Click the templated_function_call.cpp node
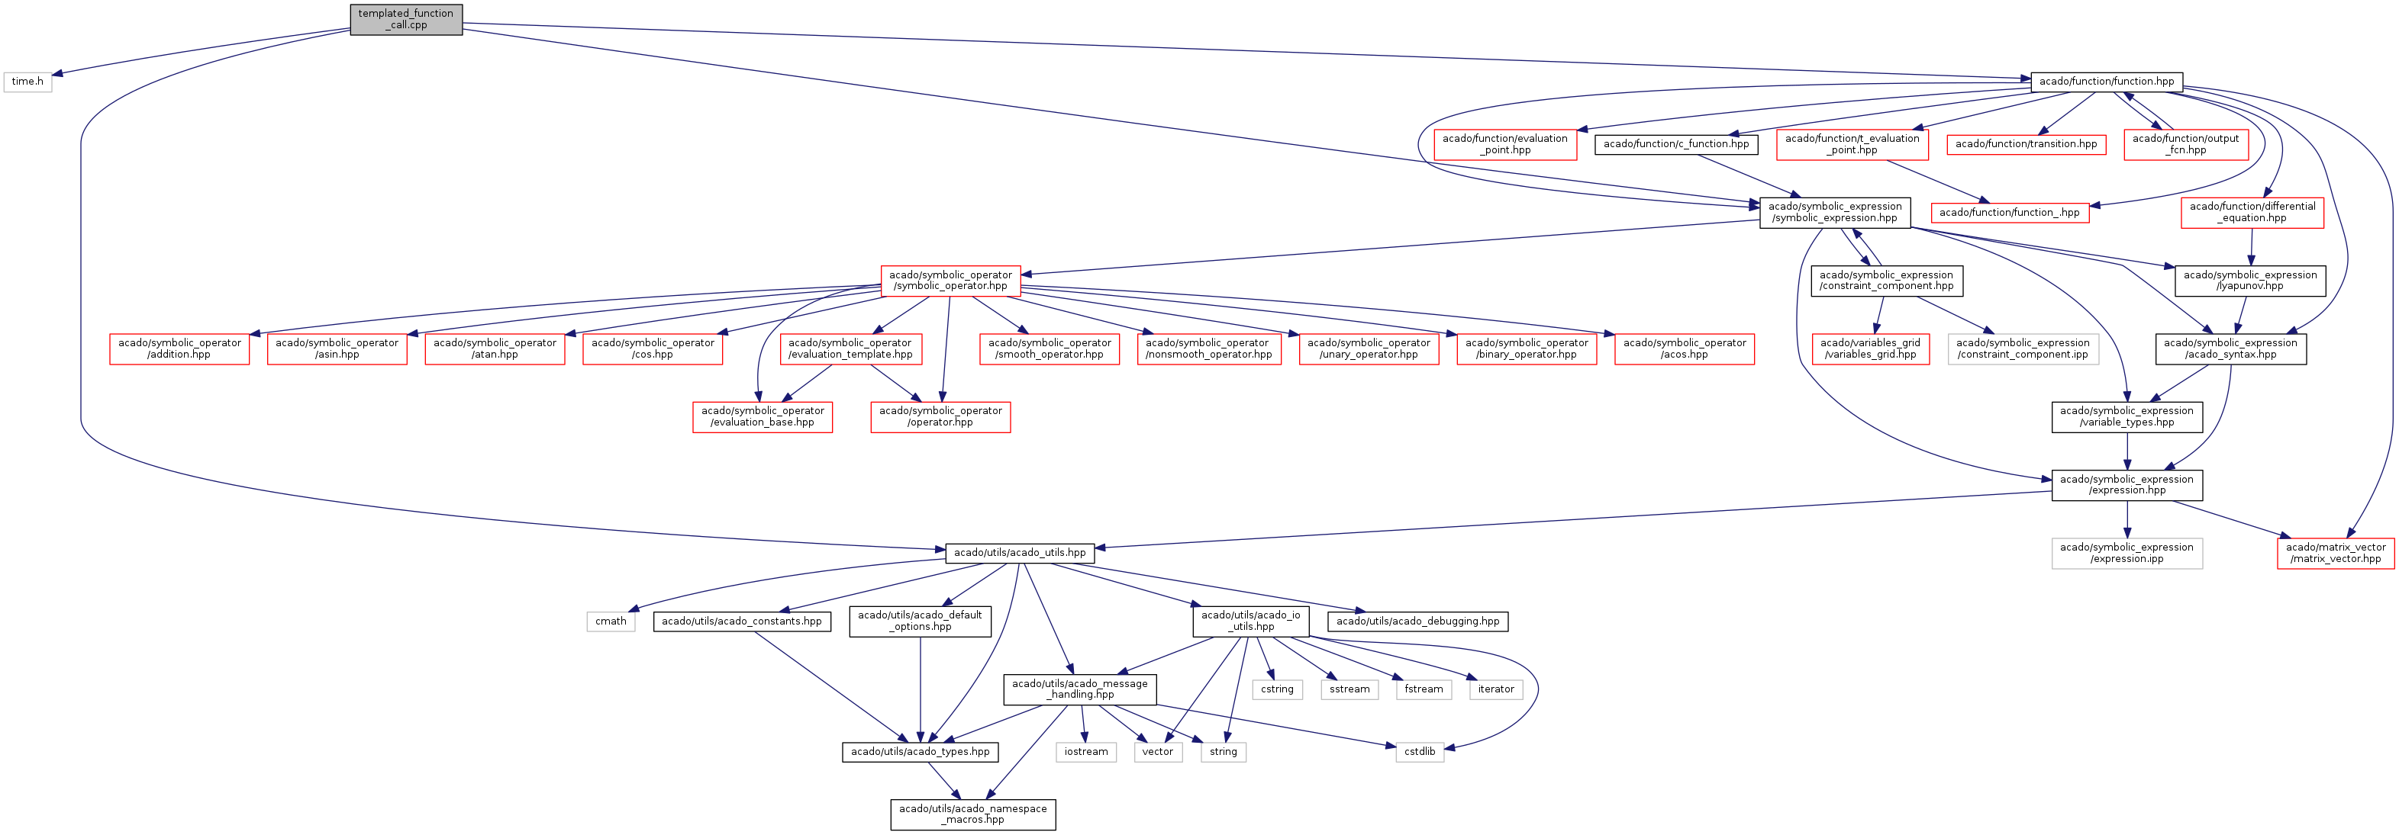coord(405,20)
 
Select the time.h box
coord(27,82)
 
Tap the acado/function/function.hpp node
coord(2106,82)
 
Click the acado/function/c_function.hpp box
coord(1675,144)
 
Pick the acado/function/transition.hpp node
coord(2026,144)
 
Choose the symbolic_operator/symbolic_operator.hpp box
coord(950,280)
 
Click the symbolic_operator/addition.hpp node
coord(179,349)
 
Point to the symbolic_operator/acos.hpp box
coord(1684,349)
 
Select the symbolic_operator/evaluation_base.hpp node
coord(762,417)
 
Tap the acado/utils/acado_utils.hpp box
coord(1020,553)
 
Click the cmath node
coord(611,621)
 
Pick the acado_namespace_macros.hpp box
coord(972,814)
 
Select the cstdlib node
coord(1419,752)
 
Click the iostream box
coord(1086,752)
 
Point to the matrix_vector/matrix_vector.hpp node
coord(2335,553)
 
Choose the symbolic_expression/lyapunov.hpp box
coord(2249,280)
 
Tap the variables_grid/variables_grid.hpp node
coord(1870,349)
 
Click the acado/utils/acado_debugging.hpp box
coord(1417,621)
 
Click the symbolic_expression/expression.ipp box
coord(2127,553)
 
